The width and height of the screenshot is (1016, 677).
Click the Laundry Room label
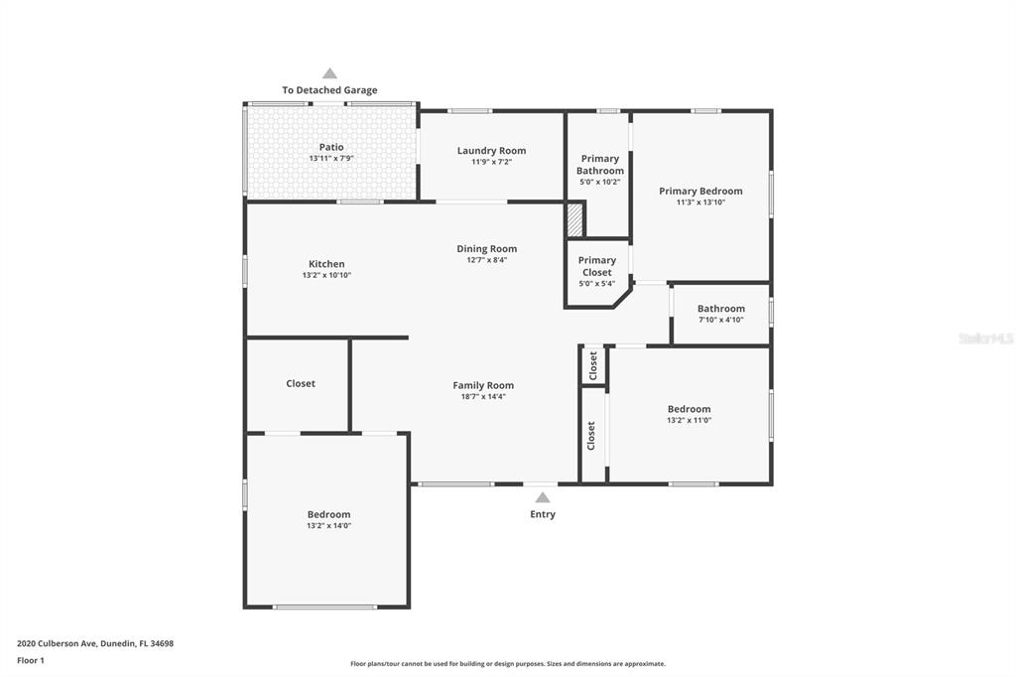click(x=491, y=151)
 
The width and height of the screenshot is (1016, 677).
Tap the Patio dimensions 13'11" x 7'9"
click(x=331, y=159)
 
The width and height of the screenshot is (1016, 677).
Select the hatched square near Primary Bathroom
click(x=574, y=219)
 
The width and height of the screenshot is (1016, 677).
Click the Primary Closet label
click(x=597, y=266)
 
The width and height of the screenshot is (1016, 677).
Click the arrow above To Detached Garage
click(x=329, y=73)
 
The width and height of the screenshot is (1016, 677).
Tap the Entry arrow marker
click(x=542, y=497)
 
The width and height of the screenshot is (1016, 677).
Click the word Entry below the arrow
click(x=543, y=514)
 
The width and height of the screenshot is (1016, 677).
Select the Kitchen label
click(x=326, y=264)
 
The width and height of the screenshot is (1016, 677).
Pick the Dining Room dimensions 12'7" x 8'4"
click(x=486, y=260)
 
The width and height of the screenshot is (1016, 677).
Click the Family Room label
click(x=483, y=385)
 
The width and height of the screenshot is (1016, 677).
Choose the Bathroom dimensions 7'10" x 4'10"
click(x=720, y=320)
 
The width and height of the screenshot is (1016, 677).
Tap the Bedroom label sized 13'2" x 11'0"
click(x=689, y=409)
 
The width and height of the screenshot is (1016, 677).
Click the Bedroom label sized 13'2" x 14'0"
click(x=328, y=514)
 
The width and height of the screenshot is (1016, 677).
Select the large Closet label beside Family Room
click(x=301, y=383)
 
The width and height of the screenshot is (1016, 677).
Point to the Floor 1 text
click(x=31, y=660)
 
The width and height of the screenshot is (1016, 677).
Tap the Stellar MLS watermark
click(x=984, y=338)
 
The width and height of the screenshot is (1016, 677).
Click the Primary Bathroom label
click(x=600, y=165)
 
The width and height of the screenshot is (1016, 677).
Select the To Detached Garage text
click(x=329, y=90)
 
